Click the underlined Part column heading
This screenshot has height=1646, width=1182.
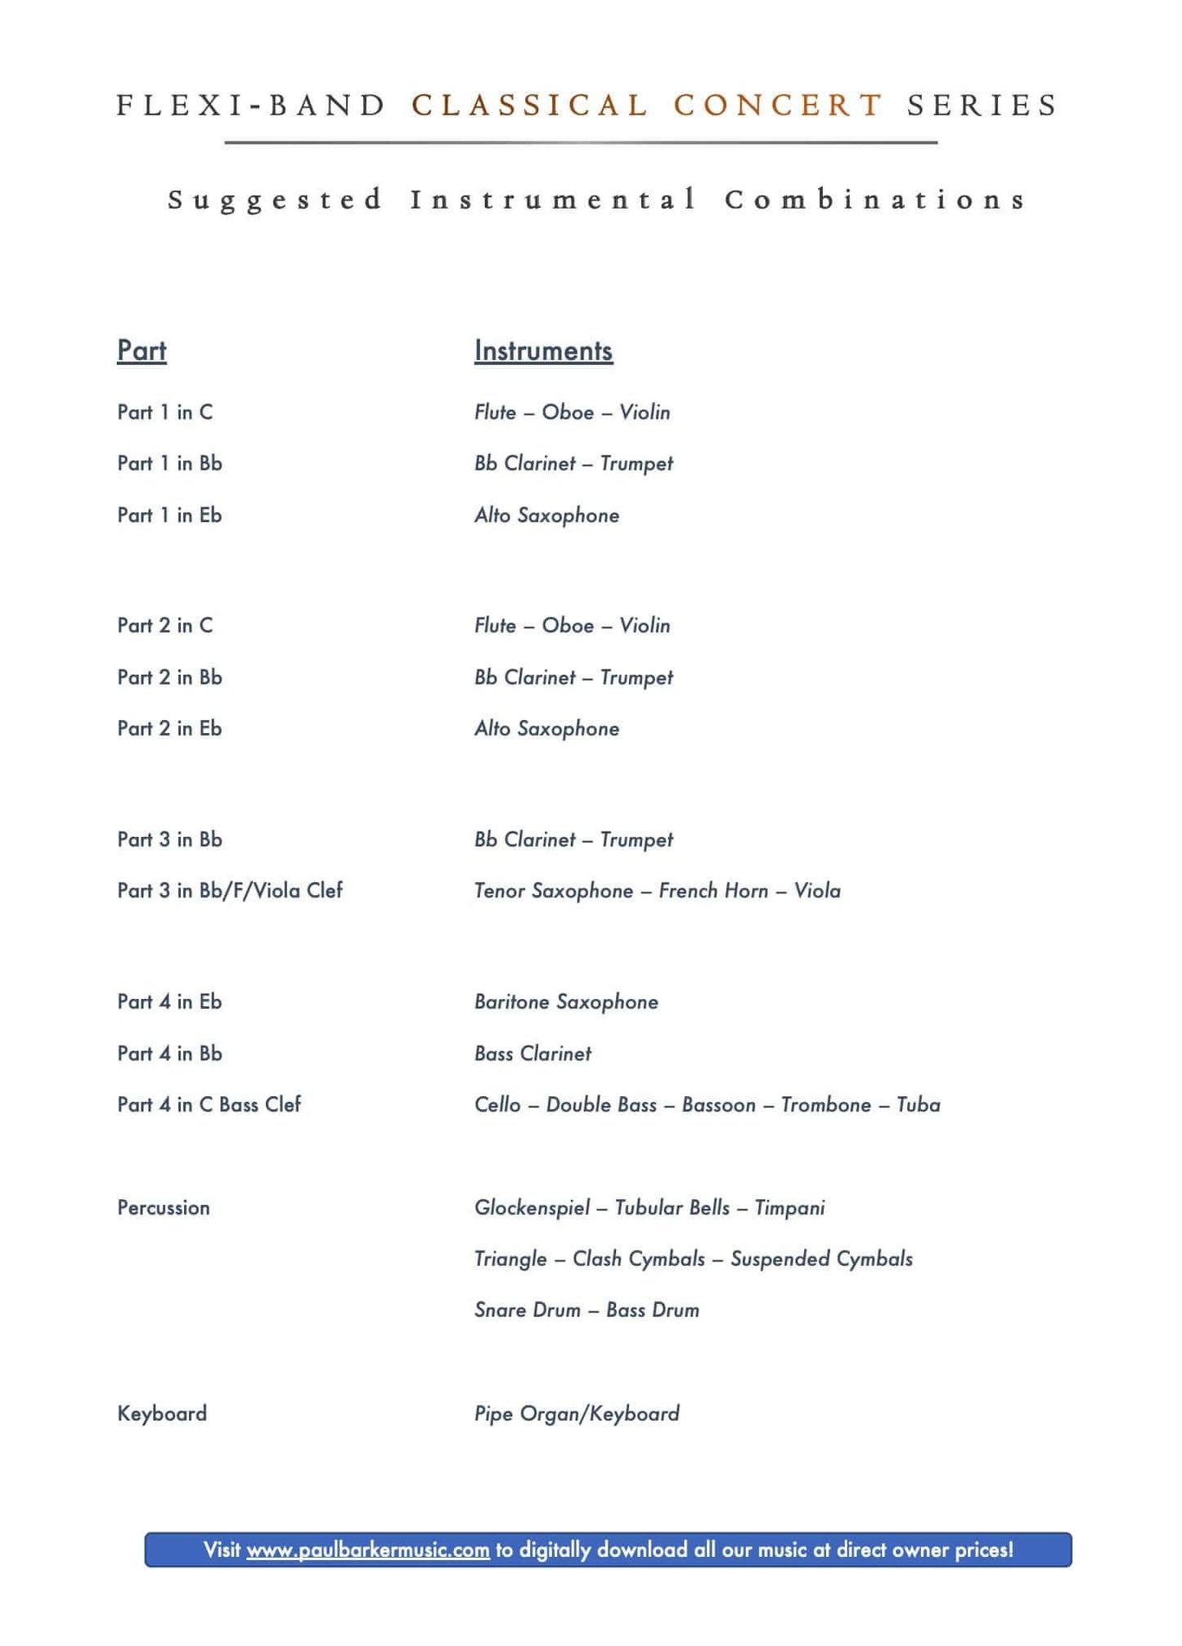[142, 351]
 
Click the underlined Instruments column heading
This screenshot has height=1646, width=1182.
[543, 351]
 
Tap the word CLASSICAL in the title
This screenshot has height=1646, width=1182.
[530, 106]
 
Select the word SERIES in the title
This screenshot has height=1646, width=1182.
[982, 106]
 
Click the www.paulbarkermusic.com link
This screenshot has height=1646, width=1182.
[368, 1550]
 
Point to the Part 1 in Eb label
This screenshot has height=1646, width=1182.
[169, 515]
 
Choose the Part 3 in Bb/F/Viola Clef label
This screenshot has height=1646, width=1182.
[230, 891]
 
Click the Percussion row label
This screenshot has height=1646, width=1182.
[164, 1208]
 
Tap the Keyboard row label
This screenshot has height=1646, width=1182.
[162, 1414]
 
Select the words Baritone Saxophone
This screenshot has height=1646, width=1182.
[566, 1002]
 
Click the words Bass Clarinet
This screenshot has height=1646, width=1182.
[533, 1054]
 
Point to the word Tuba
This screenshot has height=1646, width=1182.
[918, 1105]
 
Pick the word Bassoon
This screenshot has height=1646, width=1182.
[718, 1105]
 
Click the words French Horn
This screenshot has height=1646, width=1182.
[713, 891]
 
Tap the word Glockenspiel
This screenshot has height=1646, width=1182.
[532, 1208]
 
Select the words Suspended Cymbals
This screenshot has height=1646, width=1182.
[821, 1259]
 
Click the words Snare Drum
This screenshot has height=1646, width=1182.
[528, 1311]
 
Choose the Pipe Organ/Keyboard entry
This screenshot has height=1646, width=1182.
[577, 1414]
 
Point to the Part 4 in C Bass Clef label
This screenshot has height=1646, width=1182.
[209, 1105]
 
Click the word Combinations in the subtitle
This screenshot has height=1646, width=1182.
[874, 200]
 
